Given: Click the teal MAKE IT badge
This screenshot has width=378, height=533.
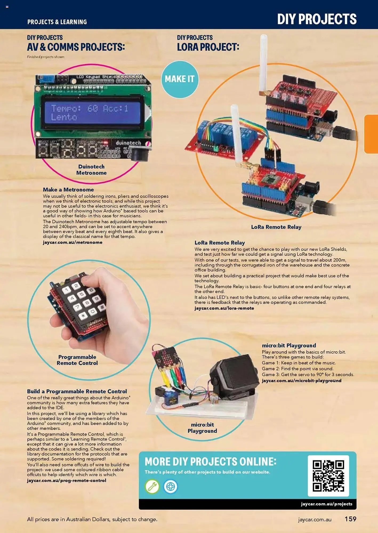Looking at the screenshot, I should click(x=180, y=79).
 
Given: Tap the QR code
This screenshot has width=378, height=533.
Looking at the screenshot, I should click(x=328, y=476).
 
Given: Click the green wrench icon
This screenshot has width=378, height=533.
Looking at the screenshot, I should click(x=152, y=487).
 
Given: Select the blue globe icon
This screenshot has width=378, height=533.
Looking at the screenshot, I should click(x=171, y=487).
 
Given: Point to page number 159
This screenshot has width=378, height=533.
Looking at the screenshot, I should click(x=350, y=519).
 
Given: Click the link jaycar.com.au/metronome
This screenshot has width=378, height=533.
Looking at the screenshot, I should click(x=73, y=242).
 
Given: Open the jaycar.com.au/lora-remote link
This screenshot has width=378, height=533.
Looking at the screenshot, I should click(x=224, y=308).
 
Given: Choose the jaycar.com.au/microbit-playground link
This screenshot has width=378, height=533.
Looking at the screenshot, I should click(x=301, y=381).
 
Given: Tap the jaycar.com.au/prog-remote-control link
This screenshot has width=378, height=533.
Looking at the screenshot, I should click(x=66, y=480).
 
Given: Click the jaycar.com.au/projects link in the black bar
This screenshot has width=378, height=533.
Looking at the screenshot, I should click(x=327, y=504).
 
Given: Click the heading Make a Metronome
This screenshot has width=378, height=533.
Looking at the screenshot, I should click(x=68, y=189).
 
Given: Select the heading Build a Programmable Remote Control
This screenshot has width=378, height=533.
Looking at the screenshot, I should click(x=77, y=391).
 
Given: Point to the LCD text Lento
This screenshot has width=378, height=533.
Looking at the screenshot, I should click(x=64, y=117).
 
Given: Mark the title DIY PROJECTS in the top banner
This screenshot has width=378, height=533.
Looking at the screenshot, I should click(x=317, y=19).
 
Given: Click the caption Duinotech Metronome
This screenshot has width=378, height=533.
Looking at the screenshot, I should click(x=91, y=170).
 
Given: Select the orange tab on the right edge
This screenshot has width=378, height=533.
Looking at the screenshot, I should click(x=371, y=134).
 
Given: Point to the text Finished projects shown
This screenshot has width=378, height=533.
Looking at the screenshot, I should click(x=46, y=57).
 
